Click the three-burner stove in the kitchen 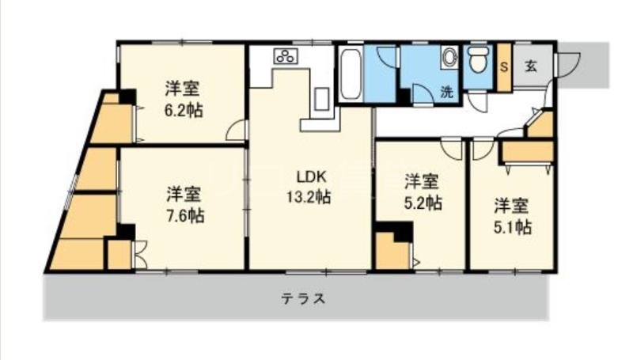tap(285, 57)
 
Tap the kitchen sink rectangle tap(322, 100)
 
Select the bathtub tap(351, 74)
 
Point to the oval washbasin tap(449, 60)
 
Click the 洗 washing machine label tap(447, 91)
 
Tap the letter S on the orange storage tap(503, 65)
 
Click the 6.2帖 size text tap(183, 111)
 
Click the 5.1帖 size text tap(512, 228)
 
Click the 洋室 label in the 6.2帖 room tap(183, 87)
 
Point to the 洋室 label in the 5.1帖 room tap(512, 206)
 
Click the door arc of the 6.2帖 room tap(236, 131)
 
